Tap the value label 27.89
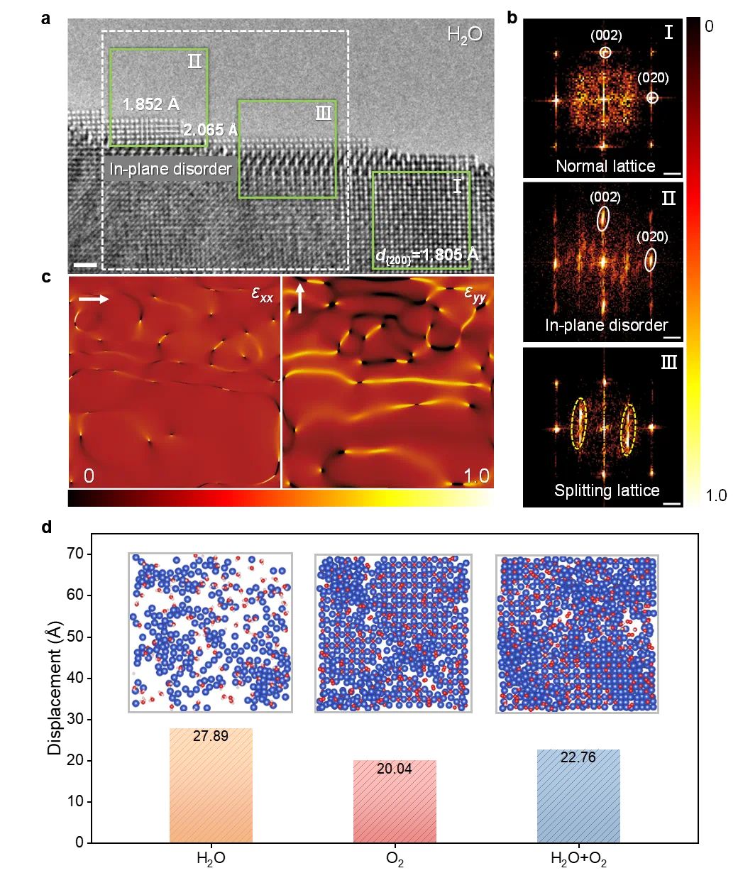coord(211,736)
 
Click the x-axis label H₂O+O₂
coord(578,860)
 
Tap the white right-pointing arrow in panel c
coord(93,300)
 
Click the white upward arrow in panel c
coord(299,298)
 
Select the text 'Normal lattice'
coord(605,166)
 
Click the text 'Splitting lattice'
coord(607,490)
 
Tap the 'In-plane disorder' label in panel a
coord(170,170)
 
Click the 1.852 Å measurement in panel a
coord(150,104)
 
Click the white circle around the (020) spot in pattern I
coord(653,99)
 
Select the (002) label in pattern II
coord(606,197)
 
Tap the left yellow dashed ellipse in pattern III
coord(580,423)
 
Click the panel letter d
coord(46,528)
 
